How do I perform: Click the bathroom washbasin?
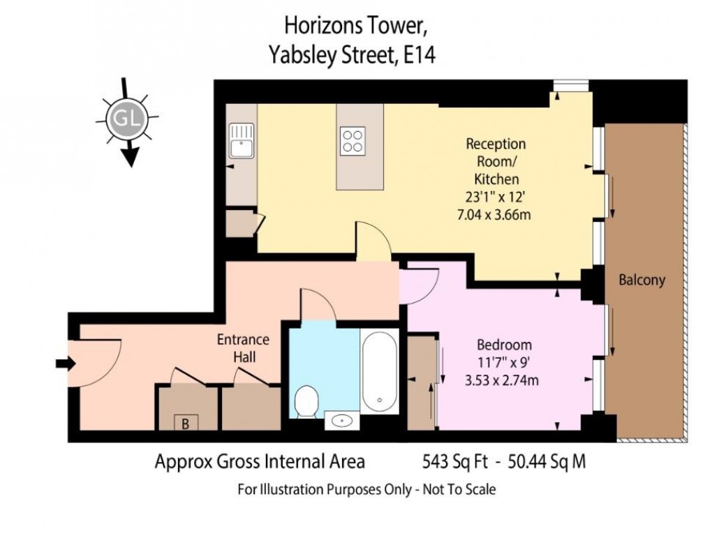343,421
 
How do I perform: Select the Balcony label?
642,281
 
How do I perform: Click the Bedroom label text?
504,345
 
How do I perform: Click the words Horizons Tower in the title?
354,26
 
